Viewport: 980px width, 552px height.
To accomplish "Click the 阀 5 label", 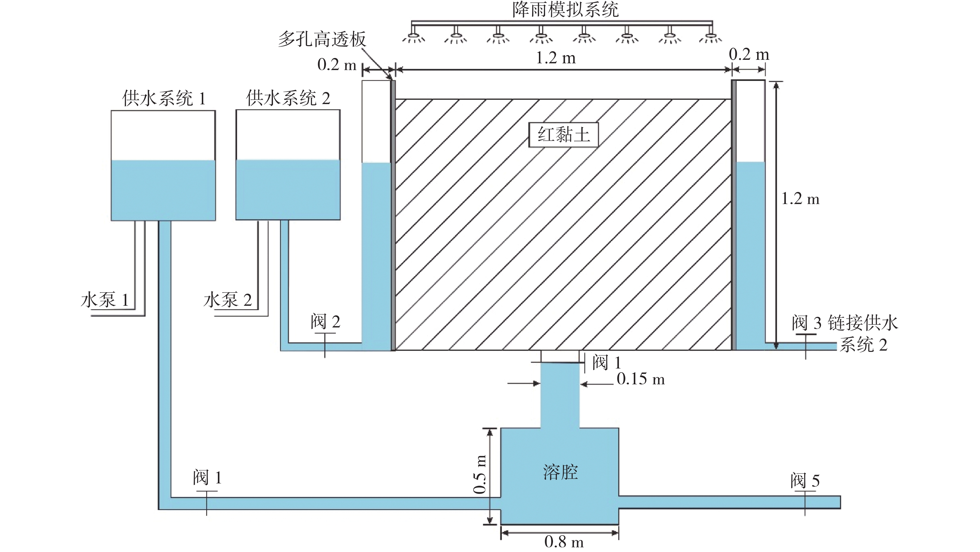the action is [805, 480].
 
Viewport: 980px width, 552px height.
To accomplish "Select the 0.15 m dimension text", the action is [641, 379].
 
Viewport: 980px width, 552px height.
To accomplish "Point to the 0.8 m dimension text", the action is [564, 541].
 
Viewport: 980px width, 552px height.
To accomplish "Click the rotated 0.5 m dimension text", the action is [480, 474].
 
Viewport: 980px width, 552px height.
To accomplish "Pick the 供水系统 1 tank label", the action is [164, 98].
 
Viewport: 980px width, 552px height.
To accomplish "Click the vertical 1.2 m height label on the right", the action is [800, 199].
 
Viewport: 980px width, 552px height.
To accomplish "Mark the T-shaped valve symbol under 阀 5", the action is [805, 503].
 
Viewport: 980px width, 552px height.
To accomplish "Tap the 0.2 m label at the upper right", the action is [749, 55].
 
